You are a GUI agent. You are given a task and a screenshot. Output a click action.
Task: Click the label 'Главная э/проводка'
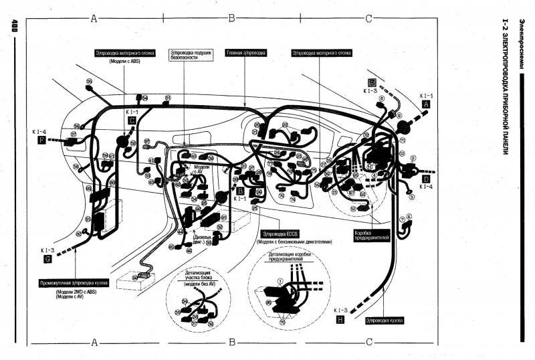pyautogui.click(x=246, y=52)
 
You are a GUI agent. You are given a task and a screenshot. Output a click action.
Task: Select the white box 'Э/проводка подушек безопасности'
pyautogui.click(x=192, y=55)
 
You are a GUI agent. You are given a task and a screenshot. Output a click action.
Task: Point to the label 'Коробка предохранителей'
pyautogui.click(x=371, y=237)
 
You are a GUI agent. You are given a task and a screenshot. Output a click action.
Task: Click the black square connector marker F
pyautogui.click(x=43, y=141)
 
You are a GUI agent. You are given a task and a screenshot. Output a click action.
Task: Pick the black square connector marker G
pyautogui.click(x=47, y=258)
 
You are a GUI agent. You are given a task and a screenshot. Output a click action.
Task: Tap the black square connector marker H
pyautogui.click(x=340, y=321)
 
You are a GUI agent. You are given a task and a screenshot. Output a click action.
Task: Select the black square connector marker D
pyautogui.click(x=426, y=179)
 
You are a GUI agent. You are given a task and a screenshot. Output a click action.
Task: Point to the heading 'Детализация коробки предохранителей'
pyautogui.click(x=291, y=258)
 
